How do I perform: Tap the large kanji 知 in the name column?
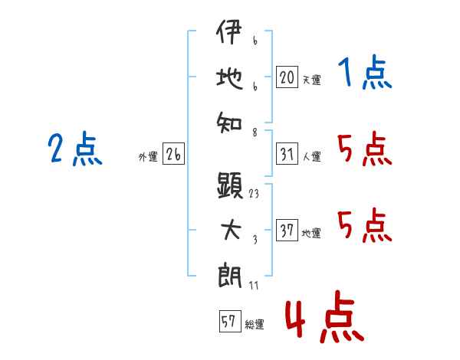[x=230, y=119]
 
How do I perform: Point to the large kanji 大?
[x=230, y=228]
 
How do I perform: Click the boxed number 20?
[x=287, y=77]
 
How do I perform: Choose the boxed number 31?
[x=287, y=154]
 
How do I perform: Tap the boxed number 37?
[x=287, y=231]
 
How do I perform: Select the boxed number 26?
[x=173, y=154]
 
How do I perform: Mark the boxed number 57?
[x=228, y=322]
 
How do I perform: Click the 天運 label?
[x=310, y=79]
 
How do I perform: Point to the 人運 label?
[x=311, y=156]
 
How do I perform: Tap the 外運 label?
[x=148, y=156]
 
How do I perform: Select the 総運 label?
[x=255, y=324]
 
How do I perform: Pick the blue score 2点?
[x=75, y=149]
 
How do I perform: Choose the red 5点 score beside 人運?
[x=364, y=149]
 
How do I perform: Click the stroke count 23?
[x=254, y=194]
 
